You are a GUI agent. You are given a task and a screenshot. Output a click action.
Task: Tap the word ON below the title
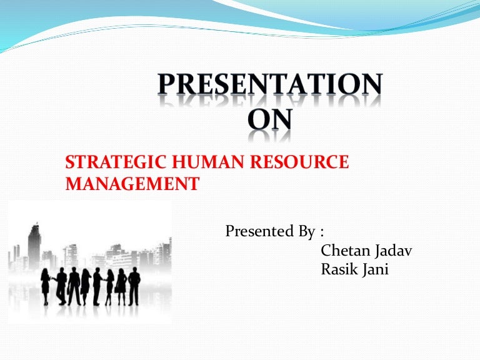[x=269, y=118]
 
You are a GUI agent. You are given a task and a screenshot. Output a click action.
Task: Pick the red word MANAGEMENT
[x=132, y=184]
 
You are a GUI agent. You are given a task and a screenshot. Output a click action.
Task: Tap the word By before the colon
[x=307, y=231]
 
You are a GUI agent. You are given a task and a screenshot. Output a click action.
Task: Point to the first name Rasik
[x=339, y=271]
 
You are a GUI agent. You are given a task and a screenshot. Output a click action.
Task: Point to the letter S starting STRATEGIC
[x=70, y=162]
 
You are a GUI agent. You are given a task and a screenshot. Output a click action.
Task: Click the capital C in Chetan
[x=326, y=251]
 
